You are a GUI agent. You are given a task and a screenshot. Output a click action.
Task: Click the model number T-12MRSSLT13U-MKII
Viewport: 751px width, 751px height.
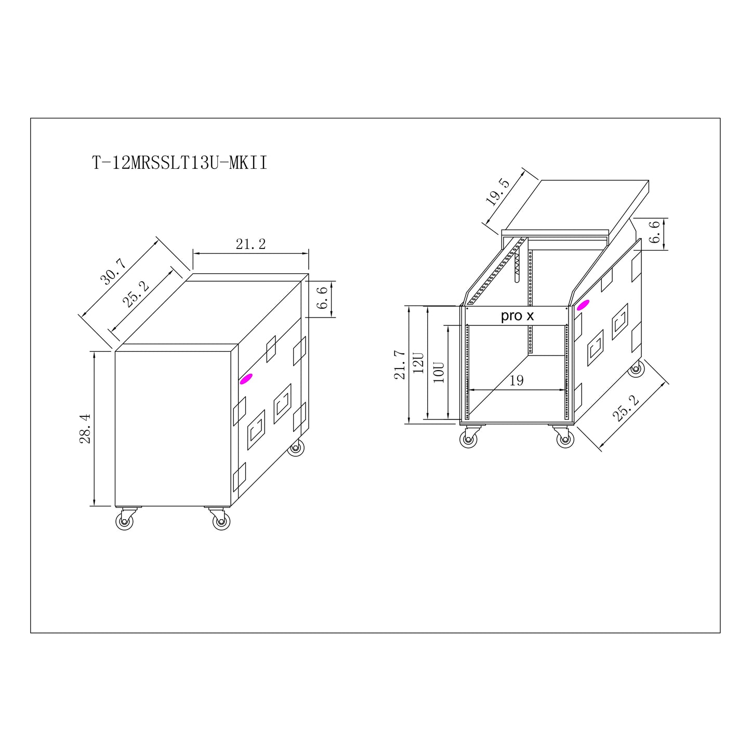[x=179, y=163]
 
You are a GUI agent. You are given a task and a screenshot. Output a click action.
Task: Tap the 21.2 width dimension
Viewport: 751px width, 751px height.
[x=251, y=244]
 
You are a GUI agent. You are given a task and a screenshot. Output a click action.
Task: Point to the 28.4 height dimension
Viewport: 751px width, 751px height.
[x=85, y=428]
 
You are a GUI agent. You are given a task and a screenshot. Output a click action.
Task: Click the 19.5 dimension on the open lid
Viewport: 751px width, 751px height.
[x=498, y=192]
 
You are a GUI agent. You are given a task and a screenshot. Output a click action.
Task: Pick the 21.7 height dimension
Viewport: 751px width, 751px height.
[x=400, y=365]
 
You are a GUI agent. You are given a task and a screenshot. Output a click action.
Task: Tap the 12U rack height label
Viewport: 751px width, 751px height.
[x=418, y=363]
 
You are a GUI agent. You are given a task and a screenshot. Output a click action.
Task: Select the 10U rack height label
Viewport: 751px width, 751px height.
[x=439, y=373]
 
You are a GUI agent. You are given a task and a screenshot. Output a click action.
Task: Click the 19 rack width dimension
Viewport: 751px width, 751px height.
[x=517, y=380]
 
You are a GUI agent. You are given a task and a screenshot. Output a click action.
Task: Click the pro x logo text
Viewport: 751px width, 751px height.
[x=517, y=315]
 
